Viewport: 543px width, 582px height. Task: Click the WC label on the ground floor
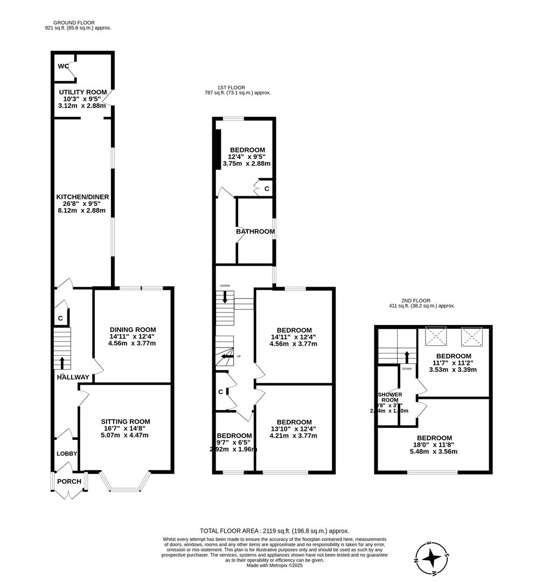(63, 66)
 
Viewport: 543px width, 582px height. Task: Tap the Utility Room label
(83, 92)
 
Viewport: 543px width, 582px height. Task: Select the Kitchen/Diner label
(83, 197)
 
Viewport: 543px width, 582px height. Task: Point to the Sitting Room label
(125, 421)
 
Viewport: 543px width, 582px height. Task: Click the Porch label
(69, 481)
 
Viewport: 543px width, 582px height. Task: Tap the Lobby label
(67, 454)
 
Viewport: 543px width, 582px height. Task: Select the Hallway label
(73, 377)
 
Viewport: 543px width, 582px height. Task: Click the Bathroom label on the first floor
(255, 232)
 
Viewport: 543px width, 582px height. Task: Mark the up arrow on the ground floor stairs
(62, 362)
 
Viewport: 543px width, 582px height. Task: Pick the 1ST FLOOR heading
(231, 87)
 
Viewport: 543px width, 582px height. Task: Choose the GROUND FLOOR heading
(74, 23)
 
